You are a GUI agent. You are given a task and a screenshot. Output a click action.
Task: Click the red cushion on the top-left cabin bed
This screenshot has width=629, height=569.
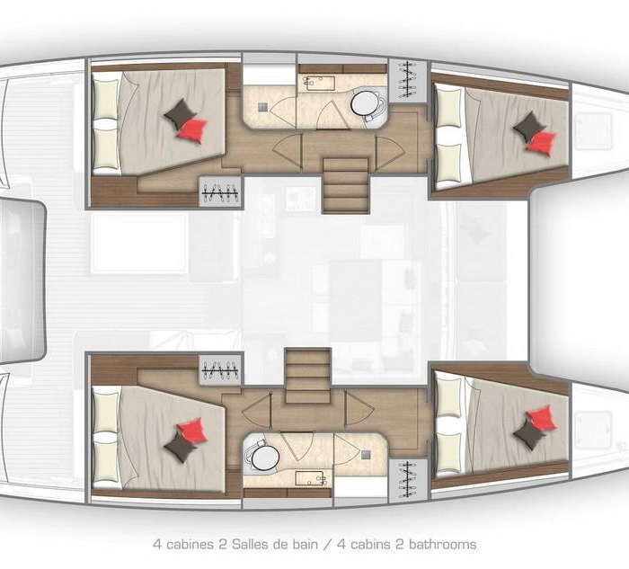tap(192, 130)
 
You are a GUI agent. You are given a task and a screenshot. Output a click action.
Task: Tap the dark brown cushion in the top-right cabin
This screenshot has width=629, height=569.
tap(529, 126)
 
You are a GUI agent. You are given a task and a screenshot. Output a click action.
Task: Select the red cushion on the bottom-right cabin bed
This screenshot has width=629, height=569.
tap(541, 418)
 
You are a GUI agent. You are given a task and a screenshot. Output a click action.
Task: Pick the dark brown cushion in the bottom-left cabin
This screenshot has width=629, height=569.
tap(180, 446)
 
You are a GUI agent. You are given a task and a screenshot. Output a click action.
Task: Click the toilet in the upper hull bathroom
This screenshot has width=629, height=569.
tap(366, 103)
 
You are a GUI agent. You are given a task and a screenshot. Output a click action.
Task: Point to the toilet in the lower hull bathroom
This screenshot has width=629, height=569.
tap(262, 457)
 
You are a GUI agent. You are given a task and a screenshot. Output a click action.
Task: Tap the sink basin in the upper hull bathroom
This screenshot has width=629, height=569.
tap(319, 83)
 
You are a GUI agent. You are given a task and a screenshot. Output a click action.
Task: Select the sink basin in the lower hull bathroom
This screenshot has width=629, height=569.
tap(311, 478)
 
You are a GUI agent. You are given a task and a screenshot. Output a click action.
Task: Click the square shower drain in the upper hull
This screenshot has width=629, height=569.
tap(262, 107)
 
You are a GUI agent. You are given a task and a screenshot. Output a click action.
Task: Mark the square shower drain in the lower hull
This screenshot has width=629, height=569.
tap(366, 455)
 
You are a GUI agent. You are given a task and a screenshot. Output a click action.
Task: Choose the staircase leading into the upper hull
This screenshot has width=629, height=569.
tap(346, 185)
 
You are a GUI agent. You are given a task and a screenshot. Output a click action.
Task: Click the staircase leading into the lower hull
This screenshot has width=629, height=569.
tap(307, 376)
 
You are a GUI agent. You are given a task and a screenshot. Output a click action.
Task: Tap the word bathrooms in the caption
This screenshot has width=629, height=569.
tap(442, 545)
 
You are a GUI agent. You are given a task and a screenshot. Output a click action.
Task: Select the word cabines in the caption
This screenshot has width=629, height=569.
tap(190, 545)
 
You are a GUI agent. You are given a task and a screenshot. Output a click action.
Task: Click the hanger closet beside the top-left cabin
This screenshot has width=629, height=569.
tap(220, 192)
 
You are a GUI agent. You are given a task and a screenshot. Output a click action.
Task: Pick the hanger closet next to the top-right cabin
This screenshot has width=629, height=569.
tap(408, 80)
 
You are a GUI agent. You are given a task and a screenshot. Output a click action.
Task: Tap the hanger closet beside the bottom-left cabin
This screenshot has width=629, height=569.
tap(220, 369)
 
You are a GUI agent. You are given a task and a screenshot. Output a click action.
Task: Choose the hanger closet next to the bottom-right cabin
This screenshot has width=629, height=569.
tap(408, 480)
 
